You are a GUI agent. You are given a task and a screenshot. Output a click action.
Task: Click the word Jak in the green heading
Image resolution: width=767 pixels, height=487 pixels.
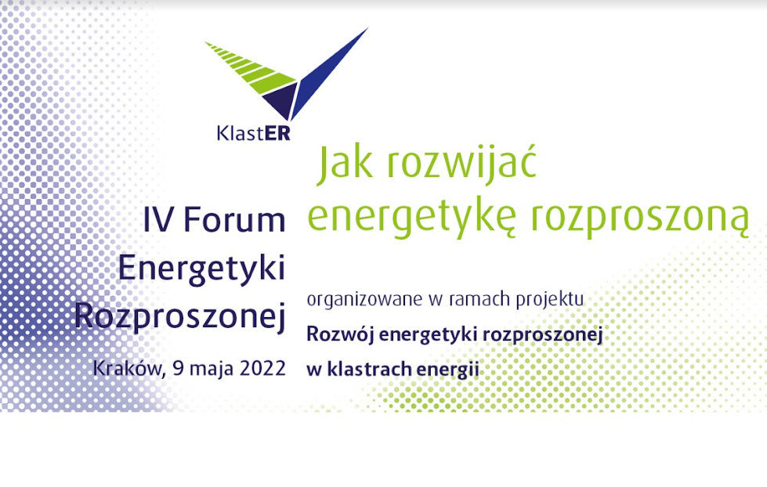(x=345, y=164)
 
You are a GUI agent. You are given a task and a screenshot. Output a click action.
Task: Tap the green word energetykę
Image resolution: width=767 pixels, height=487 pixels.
(x=412, y=218)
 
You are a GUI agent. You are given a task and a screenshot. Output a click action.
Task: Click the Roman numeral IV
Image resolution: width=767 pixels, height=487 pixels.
(x=158, y=219)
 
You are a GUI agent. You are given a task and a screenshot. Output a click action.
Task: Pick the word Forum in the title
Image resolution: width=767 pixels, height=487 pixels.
(x=234, y=219)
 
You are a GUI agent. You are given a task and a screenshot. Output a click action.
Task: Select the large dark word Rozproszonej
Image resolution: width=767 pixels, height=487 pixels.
(x=180, y=316)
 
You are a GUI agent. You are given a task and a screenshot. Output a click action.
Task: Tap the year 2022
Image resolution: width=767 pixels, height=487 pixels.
(x=262, y=368)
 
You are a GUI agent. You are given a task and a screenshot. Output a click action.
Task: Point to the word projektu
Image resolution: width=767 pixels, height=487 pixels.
(x=550, y=299)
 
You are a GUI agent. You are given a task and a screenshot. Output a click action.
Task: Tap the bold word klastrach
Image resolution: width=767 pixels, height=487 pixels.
(x=361, y=369)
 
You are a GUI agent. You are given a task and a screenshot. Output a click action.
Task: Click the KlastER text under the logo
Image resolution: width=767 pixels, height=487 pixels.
(x=253, y=133)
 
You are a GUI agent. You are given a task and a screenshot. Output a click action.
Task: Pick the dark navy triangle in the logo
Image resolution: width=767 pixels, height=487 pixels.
(x=280, y=101)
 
